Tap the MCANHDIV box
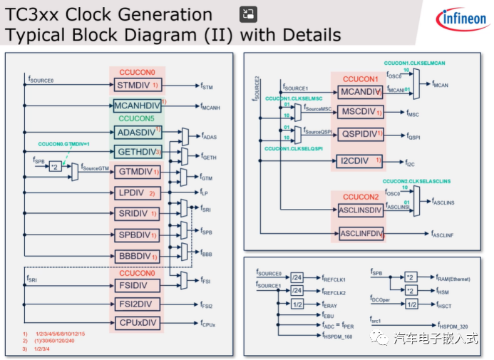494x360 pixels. point(137,106)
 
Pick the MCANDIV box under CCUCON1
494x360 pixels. point(360,92)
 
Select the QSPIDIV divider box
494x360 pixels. point(360,134)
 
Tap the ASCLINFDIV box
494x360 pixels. point(360,233)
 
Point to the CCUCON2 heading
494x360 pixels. point(361,197)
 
